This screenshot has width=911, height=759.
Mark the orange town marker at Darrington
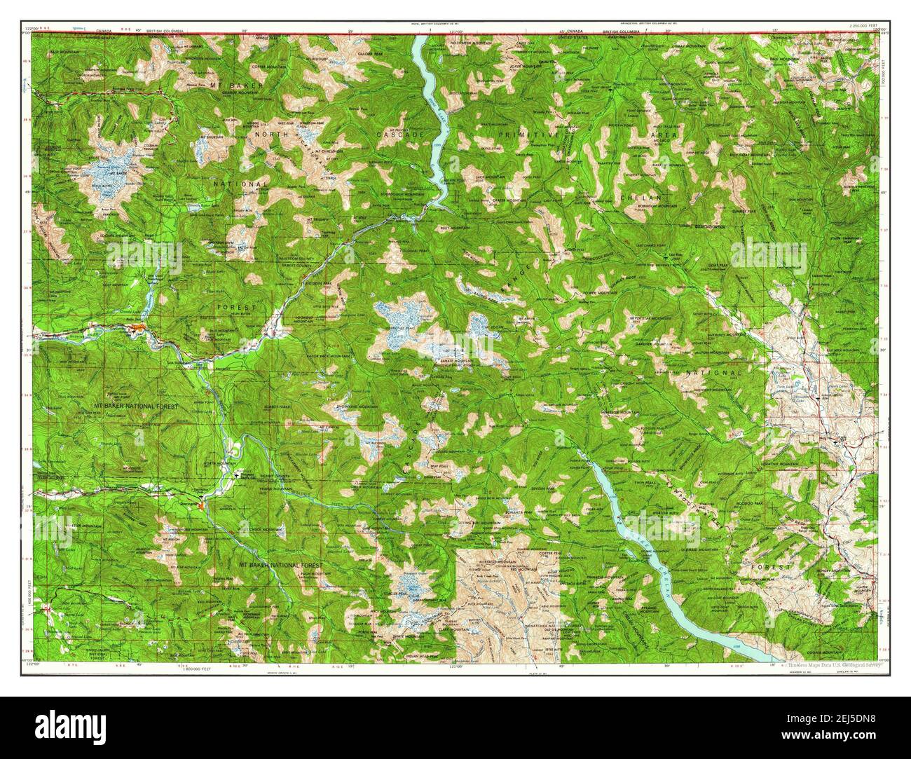click(202, 503)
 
